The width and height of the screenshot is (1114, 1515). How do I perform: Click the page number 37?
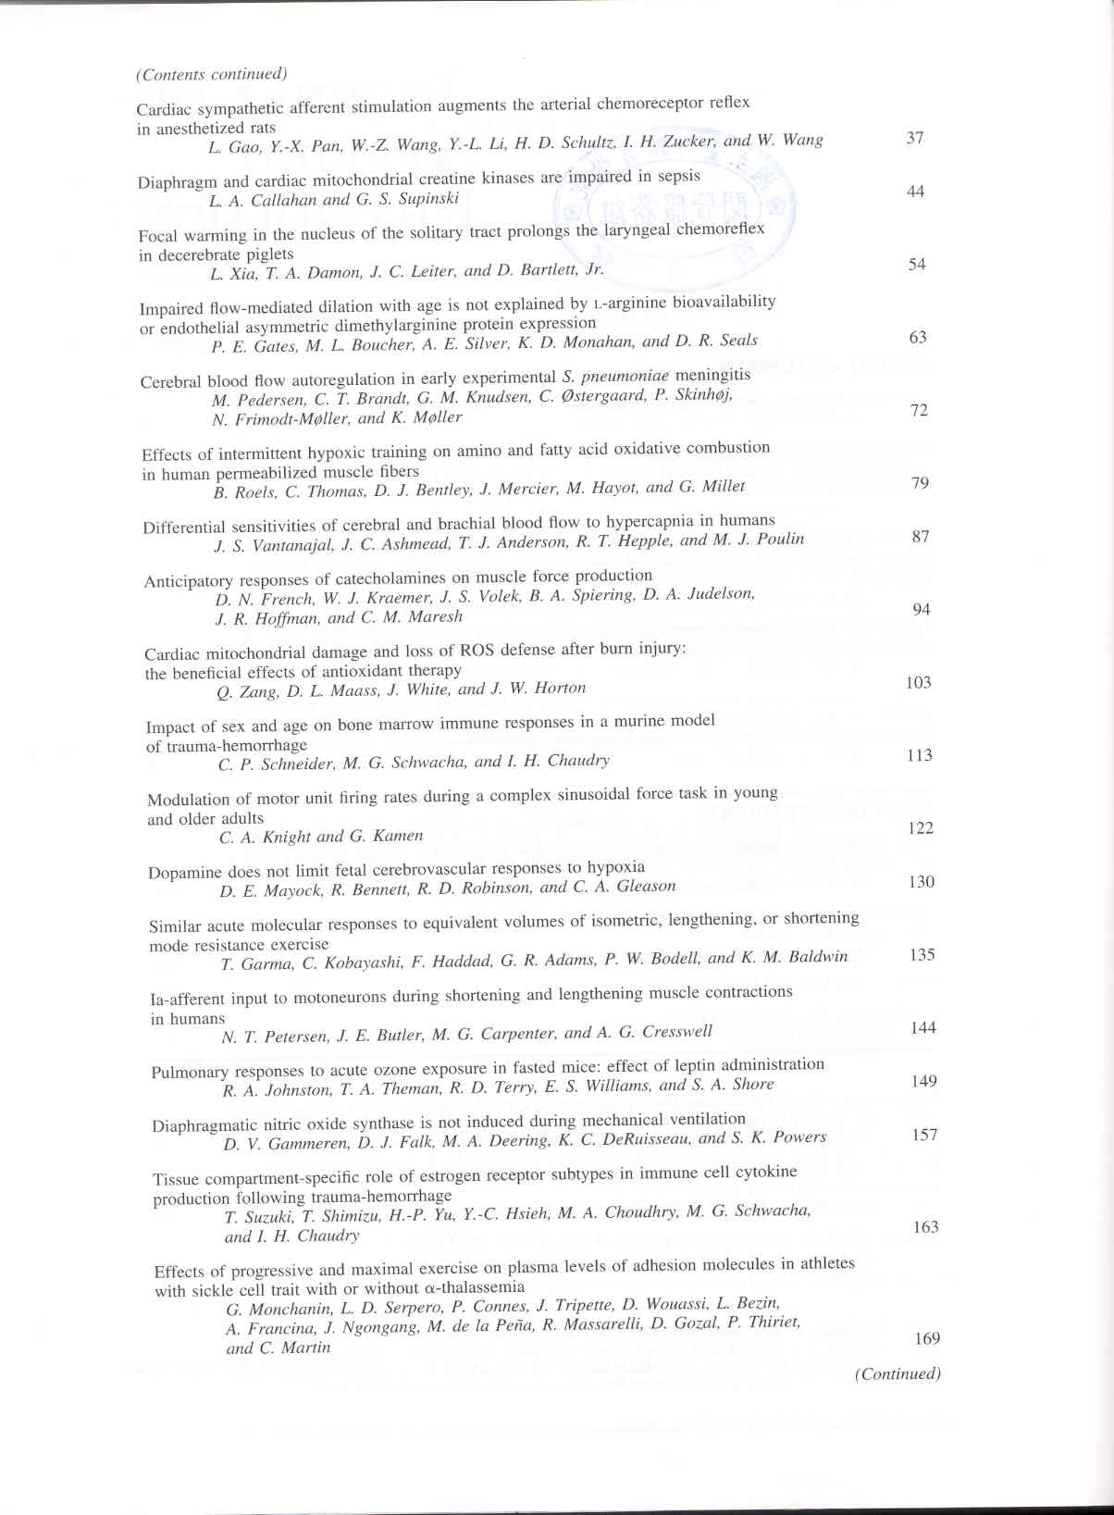point(914,138)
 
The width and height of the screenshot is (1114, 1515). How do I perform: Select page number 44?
point(915,192)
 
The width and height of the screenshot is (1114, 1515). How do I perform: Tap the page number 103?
point(918,682)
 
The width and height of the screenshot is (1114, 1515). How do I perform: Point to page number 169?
point(926,1338)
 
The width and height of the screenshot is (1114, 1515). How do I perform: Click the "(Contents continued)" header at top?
point(211,74)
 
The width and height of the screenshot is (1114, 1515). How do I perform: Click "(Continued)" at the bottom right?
point(897,1373)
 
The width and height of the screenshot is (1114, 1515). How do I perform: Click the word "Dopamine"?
point(185,873)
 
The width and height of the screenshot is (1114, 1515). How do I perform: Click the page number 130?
point(921,881)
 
